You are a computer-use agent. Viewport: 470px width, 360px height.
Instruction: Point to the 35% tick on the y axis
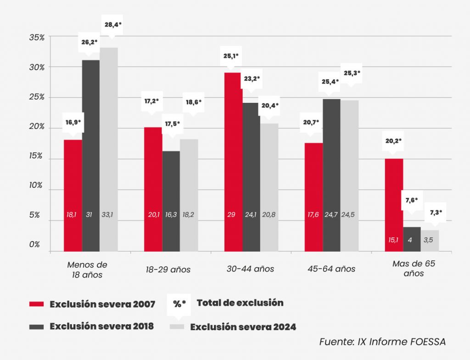pos(36,38)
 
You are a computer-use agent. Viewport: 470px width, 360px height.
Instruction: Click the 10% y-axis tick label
pos(36,186)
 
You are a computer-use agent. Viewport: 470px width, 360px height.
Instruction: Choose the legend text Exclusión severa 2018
pos(101,326)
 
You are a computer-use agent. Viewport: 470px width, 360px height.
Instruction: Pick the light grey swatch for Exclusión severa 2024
pos(177,326)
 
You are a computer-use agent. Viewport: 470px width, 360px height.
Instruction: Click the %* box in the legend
pos(179,304)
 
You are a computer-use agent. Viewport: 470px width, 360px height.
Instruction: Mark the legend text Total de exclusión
pos(240,303)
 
